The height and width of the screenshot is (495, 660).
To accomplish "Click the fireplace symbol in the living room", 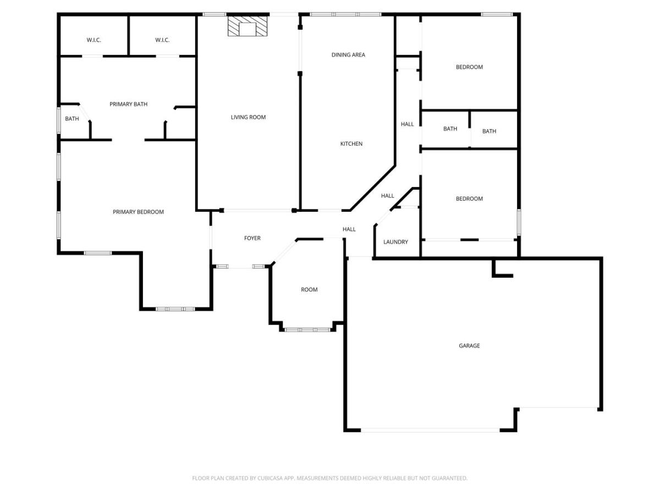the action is pyautogui.click(x=247, y=26).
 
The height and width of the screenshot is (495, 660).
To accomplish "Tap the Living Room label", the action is pyautogui.click(x=248, y=117).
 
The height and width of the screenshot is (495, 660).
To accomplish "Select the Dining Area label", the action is pyautogui.click(x=348, y=54).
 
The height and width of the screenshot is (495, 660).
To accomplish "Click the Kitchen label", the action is pyautogui.click(x=351, y=144).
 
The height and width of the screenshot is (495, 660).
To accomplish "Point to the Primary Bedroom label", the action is pyautogui.click(x=138, y=212).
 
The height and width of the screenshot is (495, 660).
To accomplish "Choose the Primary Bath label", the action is pyautogui.click(x=128, y=104).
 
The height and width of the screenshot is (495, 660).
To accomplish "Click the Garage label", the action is pyautogui.click(x=469, y=345).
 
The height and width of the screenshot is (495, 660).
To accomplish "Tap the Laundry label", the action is pyautogui.click(x=395, y=241).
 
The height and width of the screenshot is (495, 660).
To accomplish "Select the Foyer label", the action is pyautogui.click(x=252, y=238).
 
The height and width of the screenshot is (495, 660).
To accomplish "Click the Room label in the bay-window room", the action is pyautogui.click(x=309, y=289).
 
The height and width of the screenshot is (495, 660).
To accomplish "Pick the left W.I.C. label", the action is pyautogui.click(x=94, y=40).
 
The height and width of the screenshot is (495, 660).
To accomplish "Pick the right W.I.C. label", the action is pyautogui.click(x=162, y=40).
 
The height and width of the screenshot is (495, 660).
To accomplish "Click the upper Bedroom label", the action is pyautogui.click(x=469, y=67).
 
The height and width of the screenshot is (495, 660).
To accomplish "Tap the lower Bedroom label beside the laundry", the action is pyautogui.click(x=469, y=199).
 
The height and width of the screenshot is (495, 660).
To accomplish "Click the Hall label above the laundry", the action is pyautogui.click(x=388, y=196).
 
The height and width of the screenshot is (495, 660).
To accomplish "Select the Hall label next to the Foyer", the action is pyautogui.click(x=349, y=229).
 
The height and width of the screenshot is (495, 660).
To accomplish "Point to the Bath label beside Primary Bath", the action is pyautogui.click(x=72, y=119).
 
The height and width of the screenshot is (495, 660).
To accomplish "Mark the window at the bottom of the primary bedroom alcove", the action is pyautogui.click(x=175, y=309).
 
